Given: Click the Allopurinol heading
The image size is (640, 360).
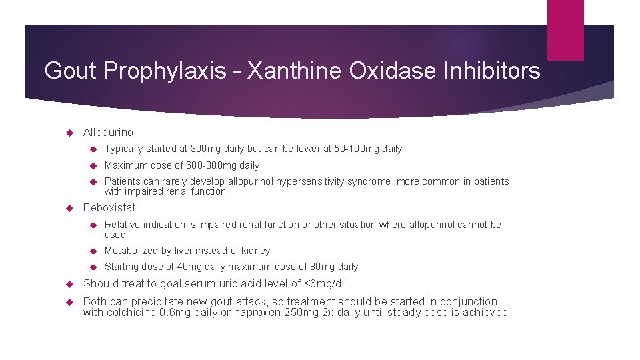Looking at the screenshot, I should pyautogui.click(x=109, y=133).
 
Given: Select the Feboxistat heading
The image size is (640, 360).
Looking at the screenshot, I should pyautogui.click(x=109, y=207).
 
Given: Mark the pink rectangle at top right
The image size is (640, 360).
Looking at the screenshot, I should pyautogui.click(x=565, y=30).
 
